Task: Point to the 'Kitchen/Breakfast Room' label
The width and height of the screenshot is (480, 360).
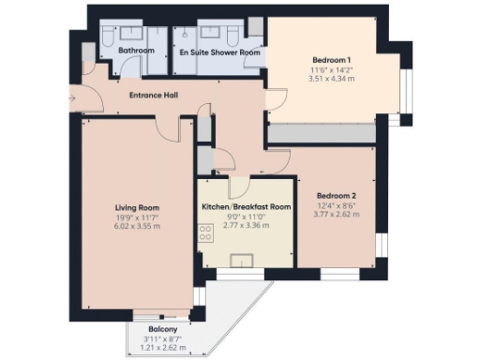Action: click(247, 206)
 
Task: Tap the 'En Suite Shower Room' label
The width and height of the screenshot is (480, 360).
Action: click(219, 53)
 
